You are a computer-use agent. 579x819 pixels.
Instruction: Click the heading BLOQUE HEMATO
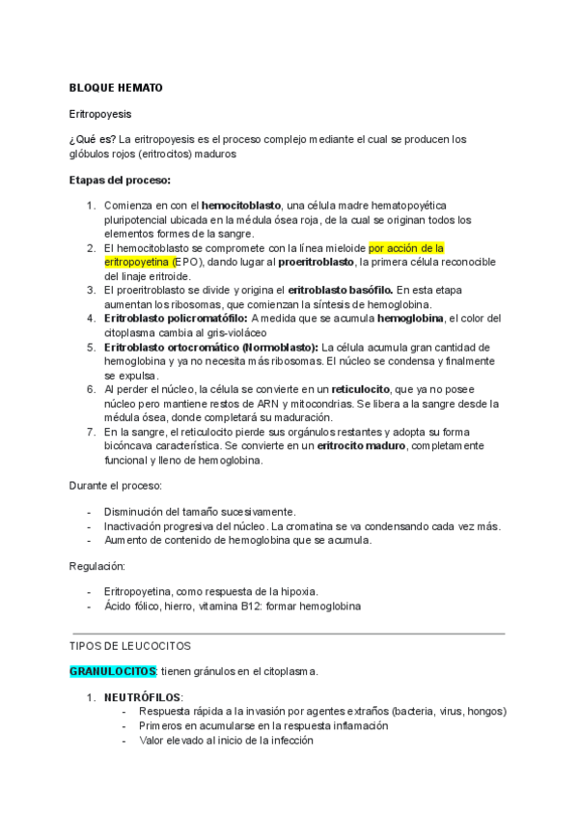coord(116,88)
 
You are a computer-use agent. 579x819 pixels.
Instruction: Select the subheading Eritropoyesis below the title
coord(100,113)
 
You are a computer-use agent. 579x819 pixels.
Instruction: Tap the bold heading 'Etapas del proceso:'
coord(120,180)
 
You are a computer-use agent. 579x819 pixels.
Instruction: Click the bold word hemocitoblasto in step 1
coord(241,206)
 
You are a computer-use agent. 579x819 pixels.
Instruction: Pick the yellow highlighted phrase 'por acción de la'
coord(406,248)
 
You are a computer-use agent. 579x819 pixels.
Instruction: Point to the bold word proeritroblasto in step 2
coord(314,262)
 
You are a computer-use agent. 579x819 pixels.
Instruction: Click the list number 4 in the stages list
coord(91,318)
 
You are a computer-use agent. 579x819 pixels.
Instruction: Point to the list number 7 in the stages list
coord(91,432)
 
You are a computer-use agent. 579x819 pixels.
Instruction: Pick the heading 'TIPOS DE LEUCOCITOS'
coord(130,645)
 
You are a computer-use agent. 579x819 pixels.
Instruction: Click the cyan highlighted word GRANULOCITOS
coord(113,670)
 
